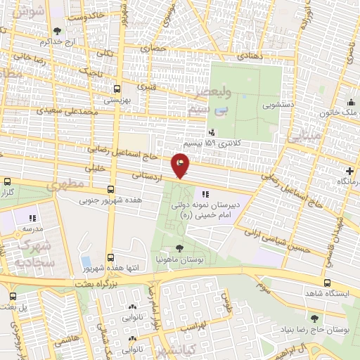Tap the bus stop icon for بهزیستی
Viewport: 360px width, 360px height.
(117, 89)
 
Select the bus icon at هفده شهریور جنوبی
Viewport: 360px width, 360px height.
(110, 189)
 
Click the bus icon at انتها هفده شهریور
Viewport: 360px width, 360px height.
(109, 258)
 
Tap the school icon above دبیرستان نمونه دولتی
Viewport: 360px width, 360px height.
(205, 194)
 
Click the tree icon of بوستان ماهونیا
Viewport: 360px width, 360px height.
(180, 248)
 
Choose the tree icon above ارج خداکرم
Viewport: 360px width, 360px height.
(57, 30)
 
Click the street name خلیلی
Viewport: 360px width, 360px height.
(95, 169)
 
